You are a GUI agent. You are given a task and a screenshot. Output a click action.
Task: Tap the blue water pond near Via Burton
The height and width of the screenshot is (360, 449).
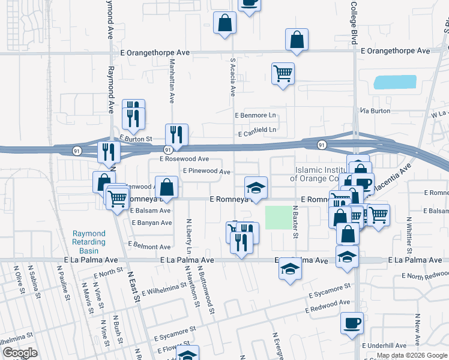pos(394,82)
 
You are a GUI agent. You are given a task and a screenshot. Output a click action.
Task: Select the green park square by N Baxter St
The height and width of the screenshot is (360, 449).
pos(277,218)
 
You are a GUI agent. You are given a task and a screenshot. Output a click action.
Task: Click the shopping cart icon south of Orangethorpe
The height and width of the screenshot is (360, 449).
pos(283,74)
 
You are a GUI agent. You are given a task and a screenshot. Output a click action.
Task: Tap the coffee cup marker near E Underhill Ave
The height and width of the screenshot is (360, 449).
pos(352,323)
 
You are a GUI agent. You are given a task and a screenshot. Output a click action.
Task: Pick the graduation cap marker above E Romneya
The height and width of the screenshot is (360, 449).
pos(256,188)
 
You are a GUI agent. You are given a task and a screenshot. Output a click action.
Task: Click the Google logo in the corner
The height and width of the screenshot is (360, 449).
pos(20,353)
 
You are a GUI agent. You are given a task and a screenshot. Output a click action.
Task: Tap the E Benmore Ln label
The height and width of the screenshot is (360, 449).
pos(255,114)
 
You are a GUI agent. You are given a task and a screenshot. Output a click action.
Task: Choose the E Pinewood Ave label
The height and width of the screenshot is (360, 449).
pos(207,172)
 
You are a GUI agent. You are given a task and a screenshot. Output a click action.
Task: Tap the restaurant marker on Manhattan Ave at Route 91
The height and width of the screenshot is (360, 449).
pos(177,135)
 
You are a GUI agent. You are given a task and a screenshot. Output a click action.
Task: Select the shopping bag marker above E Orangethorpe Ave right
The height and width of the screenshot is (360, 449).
pos(297,40)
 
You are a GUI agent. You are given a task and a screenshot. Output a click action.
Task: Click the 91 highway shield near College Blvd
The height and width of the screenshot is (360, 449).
pos(322,145)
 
